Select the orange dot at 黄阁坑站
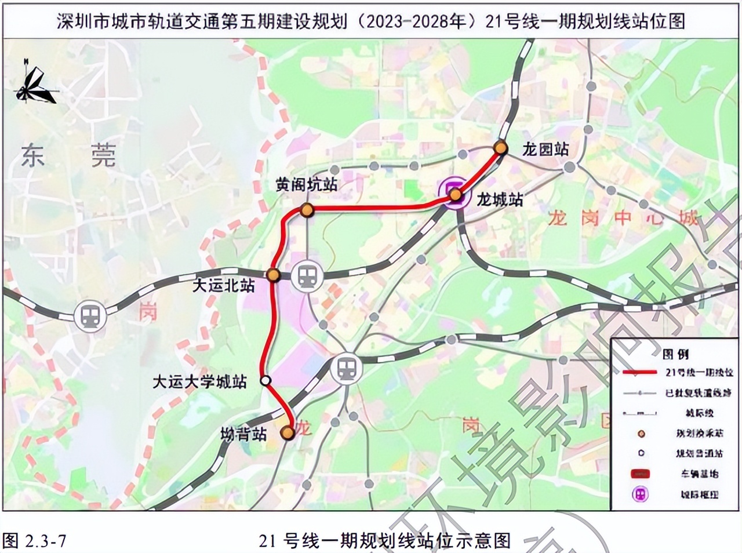click(307, 210)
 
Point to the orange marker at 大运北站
click(274, 275)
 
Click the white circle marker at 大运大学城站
click(265, 380)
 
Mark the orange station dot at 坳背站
click(286, 432)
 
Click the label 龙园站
click(545, 149)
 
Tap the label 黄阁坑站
click(306, 185)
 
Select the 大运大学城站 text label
click(200, 381)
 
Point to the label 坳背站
click(243, 434)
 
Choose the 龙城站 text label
click(500, 200)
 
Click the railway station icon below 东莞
click(90, 316)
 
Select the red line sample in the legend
click(640, 372)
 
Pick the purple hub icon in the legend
click(641, 494)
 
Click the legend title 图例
click(675, 354)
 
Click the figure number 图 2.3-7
click(35, 541)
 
